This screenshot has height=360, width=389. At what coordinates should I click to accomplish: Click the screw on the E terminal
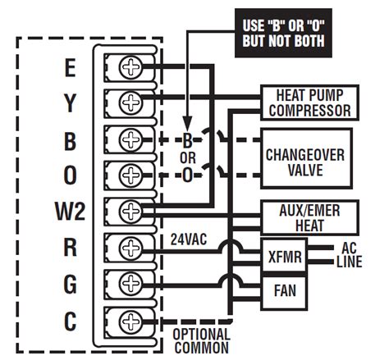(x=130, y=67)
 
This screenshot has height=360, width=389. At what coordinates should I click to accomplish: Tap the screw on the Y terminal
(x=130, y=103)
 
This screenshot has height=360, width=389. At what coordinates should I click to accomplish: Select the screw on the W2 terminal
(x=130, y=211)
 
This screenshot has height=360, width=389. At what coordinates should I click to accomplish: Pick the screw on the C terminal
(x=130, y=321)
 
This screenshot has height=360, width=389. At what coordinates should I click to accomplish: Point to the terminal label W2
(x=71, y=211)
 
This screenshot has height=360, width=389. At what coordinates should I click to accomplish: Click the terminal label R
(x=70, y=248)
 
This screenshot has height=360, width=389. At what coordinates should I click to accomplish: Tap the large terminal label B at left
(x=70, y=141)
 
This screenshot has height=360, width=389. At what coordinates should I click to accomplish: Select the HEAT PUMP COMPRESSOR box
(x=309, y=103)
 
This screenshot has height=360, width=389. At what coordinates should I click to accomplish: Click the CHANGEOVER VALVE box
(x=306, y=158)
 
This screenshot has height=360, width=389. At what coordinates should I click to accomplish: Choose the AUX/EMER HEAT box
(x=309, y=218)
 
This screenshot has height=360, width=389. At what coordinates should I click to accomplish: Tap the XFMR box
(x=284, y=257)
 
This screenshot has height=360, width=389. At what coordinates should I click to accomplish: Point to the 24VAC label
(x=189, y=239)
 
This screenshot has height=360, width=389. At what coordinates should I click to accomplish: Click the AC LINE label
(x=349, y=255)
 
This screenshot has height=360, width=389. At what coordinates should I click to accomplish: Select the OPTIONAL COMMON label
(x=201, y=341)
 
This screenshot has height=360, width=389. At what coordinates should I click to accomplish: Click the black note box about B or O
(x=283, y=33)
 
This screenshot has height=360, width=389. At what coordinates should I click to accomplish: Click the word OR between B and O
(x=188, y=158)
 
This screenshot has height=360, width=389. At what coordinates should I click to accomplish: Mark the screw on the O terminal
(x=130, y=175)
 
